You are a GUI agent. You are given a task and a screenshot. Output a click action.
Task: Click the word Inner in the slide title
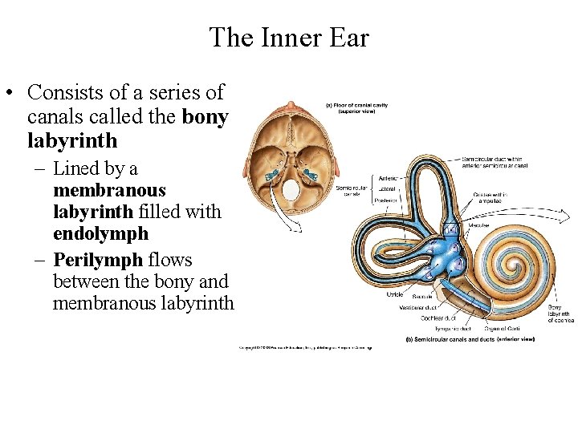point(289,38)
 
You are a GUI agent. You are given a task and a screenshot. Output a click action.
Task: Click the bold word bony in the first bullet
point(206,116)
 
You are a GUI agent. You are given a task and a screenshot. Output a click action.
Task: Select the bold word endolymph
point(100,233)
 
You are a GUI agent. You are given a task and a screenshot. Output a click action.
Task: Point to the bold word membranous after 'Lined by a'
point(109,191)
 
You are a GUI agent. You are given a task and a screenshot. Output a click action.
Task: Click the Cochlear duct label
point(438,318)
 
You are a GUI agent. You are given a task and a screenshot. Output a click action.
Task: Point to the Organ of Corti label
point(503,328)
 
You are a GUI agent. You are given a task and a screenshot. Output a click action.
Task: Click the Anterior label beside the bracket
point(388,179)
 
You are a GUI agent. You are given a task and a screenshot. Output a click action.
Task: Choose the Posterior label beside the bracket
point(387,200)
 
